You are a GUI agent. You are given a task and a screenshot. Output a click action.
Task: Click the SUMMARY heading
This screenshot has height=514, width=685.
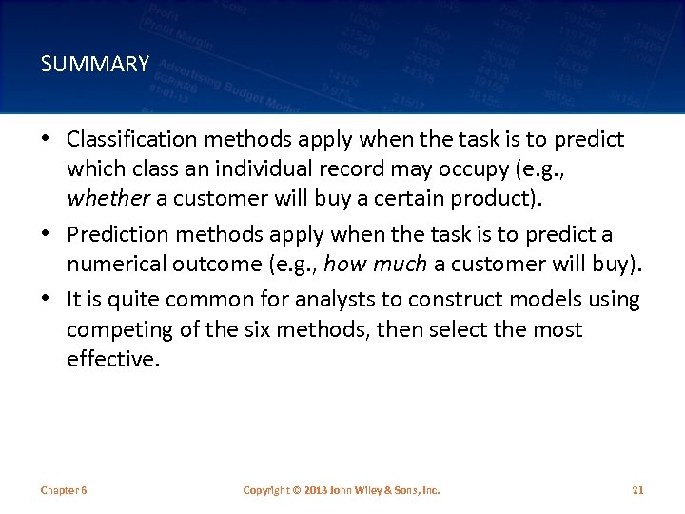pyautogui.click(x=95, y=65)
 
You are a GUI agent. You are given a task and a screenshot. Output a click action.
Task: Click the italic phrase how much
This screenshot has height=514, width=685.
pyautogui.click(x=375, y=265)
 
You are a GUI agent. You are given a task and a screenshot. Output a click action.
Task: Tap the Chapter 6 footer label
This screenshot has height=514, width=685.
pyautogui.click(x=64, y=490)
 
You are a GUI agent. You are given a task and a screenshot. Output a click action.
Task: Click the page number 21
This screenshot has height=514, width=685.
pyautogui.click(x=637, y=490)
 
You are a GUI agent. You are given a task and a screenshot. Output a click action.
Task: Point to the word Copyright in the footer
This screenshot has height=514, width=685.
pyautogui.click(x=265, y=490)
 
